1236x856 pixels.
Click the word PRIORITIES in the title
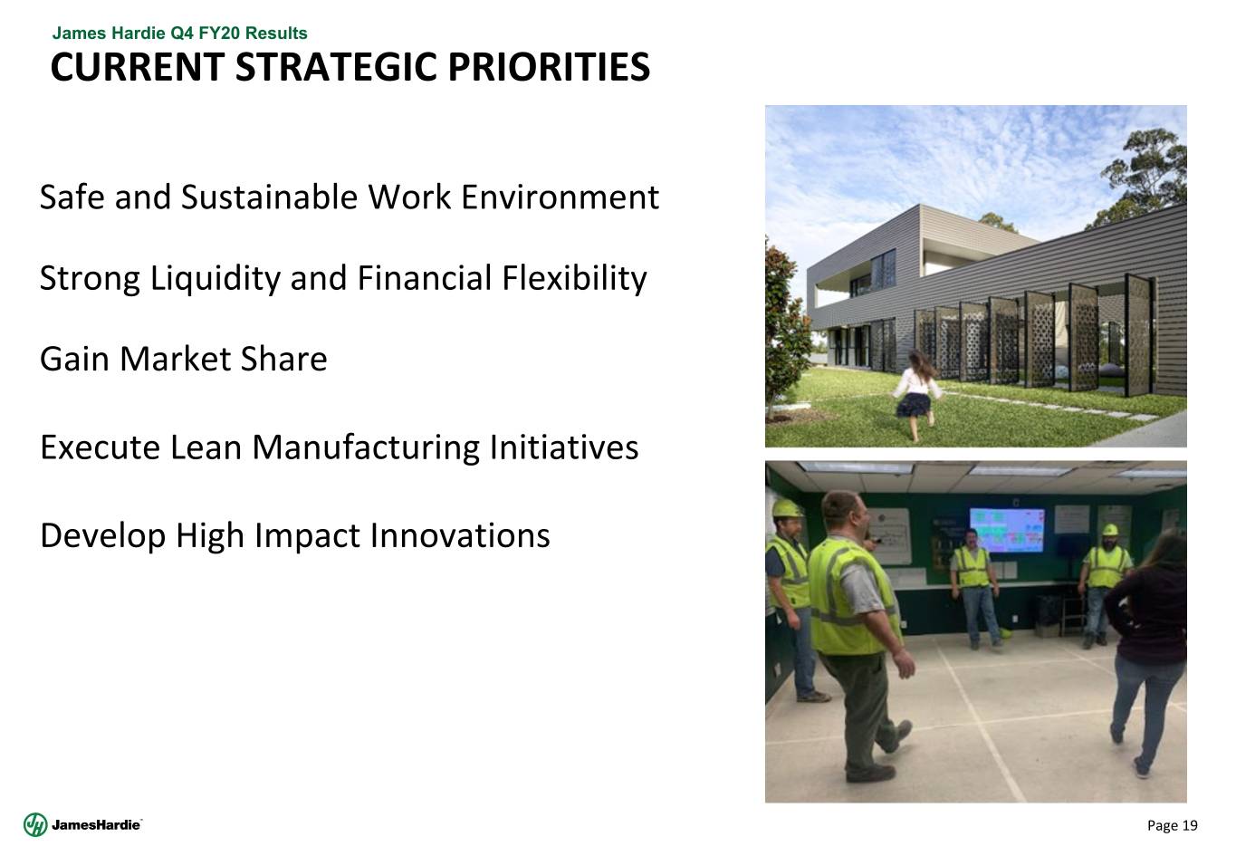[549, 67]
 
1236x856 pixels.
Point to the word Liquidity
[216, 279]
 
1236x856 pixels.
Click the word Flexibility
[574, 279]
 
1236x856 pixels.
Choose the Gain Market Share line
[183, 360]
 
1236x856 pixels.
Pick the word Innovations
[460, 535]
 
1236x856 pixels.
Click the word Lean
[206, 447]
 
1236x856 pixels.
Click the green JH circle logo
[35, 824]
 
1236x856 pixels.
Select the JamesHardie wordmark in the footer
[95, 824]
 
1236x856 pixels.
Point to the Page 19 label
[1172, 825]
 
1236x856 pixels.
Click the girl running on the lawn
[917, 394]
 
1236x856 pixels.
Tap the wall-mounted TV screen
[1007, 530]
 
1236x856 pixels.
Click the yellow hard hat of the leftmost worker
[786, 508]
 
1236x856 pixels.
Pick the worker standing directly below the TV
[975, 588]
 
